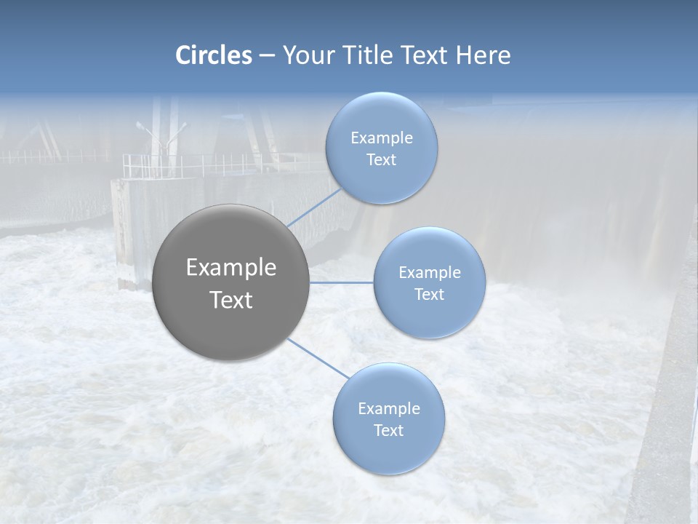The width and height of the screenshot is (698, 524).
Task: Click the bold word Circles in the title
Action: (x=214, y=55)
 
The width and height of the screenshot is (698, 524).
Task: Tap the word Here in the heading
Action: (x=483, y=55)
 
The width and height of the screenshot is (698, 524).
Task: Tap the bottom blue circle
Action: (x=388, y=451)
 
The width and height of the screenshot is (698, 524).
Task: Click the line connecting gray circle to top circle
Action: (x=315, y=207)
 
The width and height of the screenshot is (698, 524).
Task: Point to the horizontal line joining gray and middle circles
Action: (x=342, y=282)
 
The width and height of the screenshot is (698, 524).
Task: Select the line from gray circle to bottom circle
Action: (x=317, y=357)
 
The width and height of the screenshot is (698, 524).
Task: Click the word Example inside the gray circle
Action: (x=231, y=268)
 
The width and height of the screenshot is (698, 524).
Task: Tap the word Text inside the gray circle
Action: (x=231, y=300)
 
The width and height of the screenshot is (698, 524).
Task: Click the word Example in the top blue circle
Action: (x=381, y=138)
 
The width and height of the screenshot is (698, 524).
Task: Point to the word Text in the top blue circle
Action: (x=381, y=160)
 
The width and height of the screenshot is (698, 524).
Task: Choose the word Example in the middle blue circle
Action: (x=429, y=273)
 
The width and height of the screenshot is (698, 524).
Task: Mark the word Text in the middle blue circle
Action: (x=429, y=295)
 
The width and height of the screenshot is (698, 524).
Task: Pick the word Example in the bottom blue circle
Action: (x=388, y=409)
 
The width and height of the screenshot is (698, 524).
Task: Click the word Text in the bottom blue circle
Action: (x=388, y=431)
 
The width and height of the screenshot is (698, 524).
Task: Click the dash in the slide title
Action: (x=267, y=56)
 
